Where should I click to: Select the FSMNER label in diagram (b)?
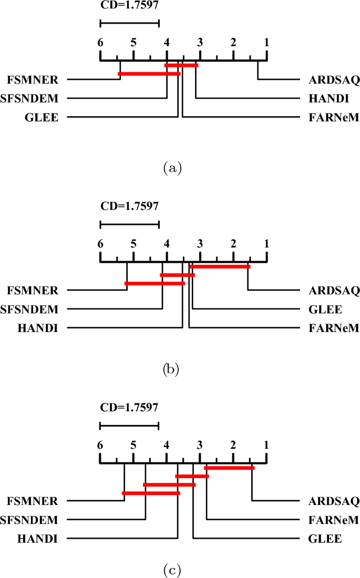click(33, 290)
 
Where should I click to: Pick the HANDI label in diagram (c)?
click(37, 539)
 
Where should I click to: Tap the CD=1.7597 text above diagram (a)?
click(129, 7)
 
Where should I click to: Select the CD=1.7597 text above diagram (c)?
click(129, 407)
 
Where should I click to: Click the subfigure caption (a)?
click(173, 168)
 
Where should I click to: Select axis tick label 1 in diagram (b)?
click(266, 244)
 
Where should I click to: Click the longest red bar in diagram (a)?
click(149, 74)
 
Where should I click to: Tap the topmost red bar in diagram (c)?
click(229, 468)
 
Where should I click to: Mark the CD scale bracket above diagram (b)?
click(129, 224)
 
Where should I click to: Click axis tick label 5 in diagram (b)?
click(133, 244)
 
